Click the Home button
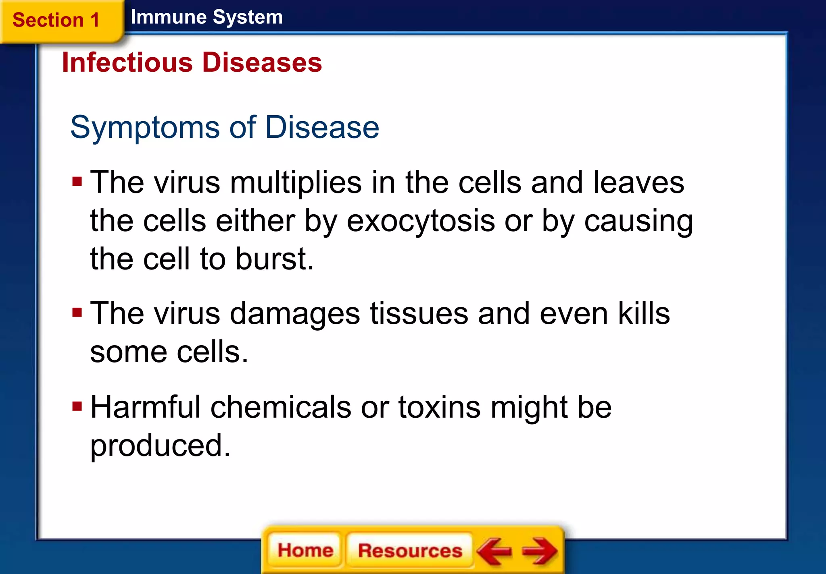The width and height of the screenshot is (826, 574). click(305, 550)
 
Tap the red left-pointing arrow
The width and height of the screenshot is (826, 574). click(494, 551)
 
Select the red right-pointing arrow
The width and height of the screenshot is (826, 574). click(540, 551)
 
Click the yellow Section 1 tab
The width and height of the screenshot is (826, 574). click(56, 20)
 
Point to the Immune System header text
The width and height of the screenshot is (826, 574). click(206, 17)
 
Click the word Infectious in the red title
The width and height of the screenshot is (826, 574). click(127, 63)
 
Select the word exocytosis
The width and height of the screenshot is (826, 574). click(421, 221)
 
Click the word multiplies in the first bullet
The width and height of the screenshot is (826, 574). click(296, 182)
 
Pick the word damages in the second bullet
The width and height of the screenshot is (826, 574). click(295, 314)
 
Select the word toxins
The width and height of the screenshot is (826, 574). click(439, 407)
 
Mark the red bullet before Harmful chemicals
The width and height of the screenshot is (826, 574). click(77, 406)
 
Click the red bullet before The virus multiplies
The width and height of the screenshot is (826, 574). click(77, 182)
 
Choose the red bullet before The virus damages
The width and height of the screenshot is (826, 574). click(77, 313)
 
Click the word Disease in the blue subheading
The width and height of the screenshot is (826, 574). click(322, 127)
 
